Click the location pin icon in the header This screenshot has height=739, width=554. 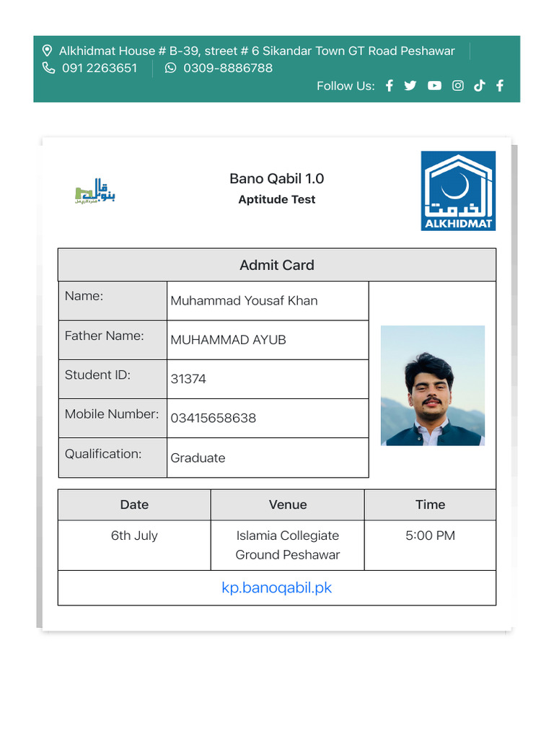(x=48, y=51)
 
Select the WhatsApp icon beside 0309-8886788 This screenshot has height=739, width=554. (x=170, y=69)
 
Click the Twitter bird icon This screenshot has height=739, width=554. (x=410, y=86)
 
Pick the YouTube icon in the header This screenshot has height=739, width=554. (x=434, y=86)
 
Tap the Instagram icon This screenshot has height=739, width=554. (x=457, y=86)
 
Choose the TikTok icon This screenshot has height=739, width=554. (x=479, y=86)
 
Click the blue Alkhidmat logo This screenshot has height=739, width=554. (x=458, y=191)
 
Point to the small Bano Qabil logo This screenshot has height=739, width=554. (x=96, y=191)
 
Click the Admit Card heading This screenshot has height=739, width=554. (x=277, y=265)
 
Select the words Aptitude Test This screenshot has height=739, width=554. (x=277, y=200)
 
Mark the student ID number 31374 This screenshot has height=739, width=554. (x=188, y=379)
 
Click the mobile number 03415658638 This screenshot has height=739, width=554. (x=214, y=419)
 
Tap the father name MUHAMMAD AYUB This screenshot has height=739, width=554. (x=228, y=340)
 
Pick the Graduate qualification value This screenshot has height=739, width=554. (x=198, y=458)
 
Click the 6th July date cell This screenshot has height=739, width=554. (x=134, y=536)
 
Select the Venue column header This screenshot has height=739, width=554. (x=288, y=505)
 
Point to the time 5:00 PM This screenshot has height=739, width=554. (x=430, y=536)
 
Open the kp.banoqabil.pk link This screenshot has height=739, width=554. (x=277, y=587)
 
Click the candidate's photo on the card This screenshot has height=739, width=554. (x=433, y=385)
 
